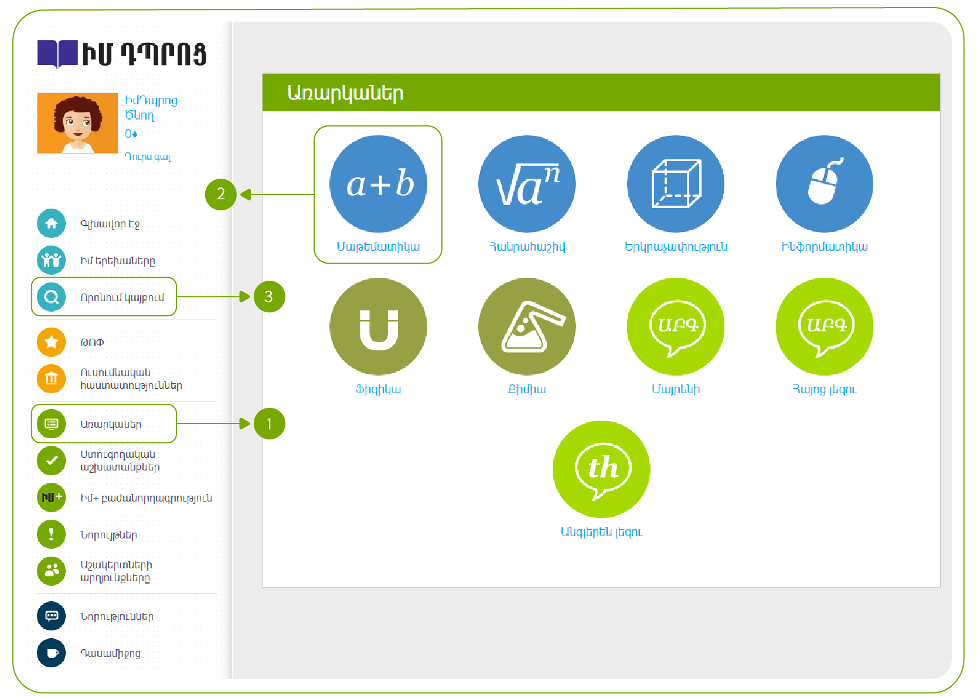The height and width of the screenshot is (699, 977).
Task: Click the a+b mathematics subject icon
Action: (x=378, y=184)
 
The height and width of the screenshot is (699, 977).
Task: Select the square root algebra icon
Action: (x=527, y=184)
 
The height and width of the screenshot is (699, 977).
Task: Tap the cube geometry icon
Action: (x=676, y=184)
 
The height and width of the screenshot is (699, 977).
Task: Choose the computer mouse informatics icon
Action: (x=825, y=184)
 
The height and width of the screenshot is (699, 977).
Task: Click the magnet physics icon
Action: (x=378, y=326)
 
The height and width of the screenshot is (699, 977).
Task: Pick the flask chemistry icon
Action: (x=527, y=326)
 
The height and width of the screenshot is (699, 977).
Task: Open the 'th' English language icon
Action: (x=601, y=469)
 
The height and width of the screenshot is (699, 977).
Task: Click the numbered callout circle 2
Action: (x=221, y=194)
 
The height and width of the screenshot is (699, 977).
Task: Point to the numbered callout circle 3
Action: (x=269, y=296)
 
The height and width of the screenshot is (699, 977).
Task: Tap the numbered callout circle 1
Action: (x=269, y=424)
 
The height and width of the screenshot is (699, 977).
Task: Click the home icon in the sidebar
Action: (x=52, y=223)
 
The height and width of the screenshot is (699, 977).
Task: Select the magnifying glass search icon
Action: (x=52, y=297)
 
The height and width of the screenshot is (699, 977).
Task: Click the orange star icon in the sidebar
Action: (x=52, y=342)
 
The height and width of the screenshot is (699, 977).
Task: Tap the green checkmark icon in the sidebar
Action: (x=52, y=461)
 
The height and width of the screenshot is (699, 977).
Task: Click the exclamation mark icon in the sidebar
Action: (x=52, y=534)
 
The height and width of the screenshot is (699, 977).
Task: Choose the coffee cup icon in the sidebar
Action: (x=52, y=653)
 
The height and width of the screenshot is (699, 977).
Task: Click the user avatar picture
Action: (x=77, y=123)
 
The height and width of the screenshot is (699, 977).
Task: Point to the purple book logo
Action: (x=57, y=54)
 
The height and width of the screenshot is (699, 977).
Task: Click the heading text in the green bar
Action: (x=345, y=93)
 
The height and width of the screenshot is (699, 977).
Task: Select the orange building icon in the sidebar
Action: (x=52, y=379)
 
